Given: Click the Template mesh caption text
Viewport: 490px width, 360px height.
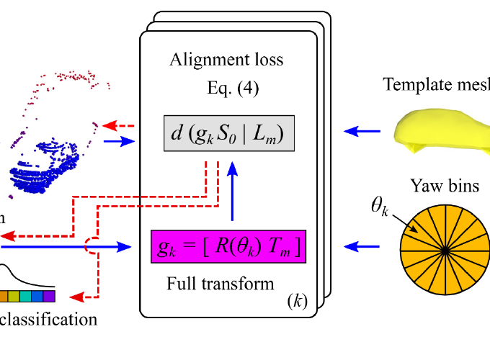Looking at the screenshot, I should click(x=436, y=84).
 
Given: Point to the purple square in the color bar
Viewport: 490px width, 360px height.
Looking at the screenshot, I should click(x=49, y=296).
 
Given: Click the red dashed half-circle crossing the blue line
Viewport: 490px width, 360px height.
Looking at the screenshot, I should click(x=91, y=247).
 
